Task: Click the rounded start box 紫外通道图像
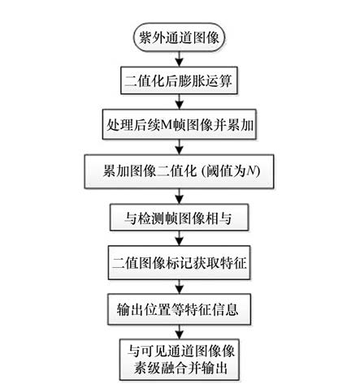point(179,37)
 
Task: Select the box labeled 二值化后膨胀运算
point(179,80)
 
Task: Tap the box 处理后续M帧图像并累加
point(179,124)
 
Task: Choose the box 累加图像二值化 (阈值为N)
point(179,171)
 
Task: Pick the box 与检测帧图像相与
point(179,218)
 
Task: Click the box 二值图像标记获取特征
point(179,262)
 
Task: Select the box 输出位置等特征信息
point(179,309)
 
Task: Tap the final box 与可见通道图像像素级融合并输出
point(179,360)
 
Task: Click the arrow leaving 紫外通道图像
point(179,58)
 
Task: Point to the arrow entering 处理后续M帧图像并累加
point(179,101)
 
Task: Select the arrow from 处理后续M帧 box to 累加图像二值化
point(179,147)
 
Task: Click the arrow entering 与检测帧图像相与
point(179,196)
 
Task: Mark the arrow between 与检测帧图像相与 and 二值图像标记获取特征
point(179,238)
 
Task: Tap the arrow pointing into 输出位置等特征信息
point(179,287)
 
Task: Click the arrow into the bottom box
point(179,332)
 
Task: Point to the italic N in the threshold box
point(251,171)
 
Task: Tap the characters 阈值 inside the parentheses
point(219,171)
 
